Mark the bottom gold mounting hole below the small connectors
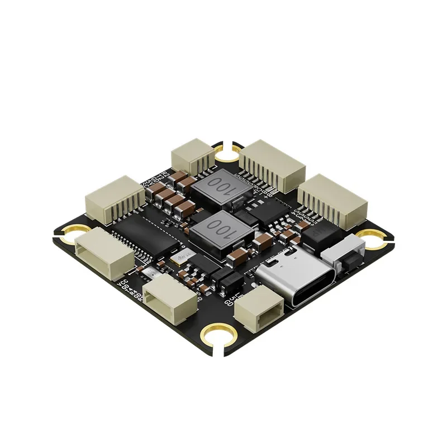click(x=215, y=336)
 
